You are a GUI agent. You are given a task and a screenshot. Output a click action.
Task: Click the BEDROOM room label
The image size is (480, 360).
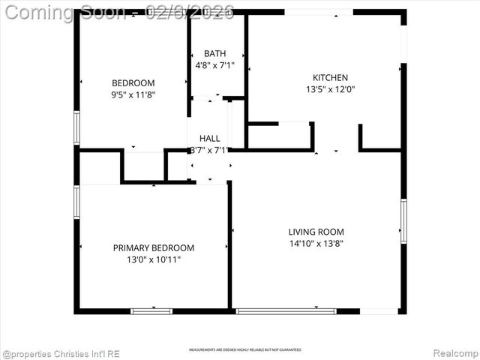click(133, 82)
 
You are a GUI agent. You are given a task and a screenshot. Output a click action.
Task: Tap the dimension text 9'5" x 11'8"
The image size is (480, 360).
click(133, 95)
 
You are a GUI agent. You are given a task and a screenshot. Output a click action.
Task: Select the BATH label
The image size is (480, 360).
click(214, 53)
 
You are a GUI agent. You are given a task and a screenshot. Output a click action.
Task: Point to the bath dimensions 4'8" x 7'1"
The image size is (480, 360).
click(214, 65)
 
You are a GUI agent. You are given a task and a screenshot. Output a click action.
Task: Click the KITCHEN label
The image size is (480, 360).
click(330, 77)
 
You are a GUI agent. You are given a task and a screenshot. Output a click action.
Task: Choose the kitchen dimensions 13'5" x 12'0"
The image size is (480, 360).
click(330, 89)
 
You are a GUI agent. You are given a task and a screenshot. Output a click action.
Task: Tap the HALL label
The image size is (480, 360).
click(210, 138)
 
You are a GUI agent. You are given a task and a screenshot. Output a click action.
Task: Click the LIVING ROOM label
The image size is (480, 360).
click(316, 231)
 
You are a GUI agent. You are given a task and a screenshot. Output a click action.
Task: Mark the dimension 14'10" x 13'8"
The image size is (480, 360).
click(316, 243)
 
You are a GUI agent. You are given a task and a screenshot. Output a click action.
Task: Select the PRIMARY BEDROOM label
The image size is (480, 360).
click(154, 247)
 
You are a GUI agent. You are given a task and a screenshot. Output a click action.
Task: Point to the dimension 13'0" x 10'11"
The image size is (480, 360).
click(154, 259)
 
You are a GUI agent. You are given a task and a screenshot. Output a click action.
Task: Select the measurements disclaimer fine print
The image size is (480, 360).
click(245, 350)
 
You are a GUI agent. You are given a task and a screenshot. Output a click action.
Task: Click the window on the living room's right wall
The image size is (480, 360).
click(403, 221)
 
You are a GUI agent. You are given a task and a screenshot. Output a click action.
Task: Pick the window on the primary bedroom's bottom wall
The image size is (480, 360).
click(151, 310)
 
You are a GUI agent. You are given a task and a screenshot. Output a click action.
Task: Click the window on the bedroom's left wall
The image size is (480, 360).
click(76, 127)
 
